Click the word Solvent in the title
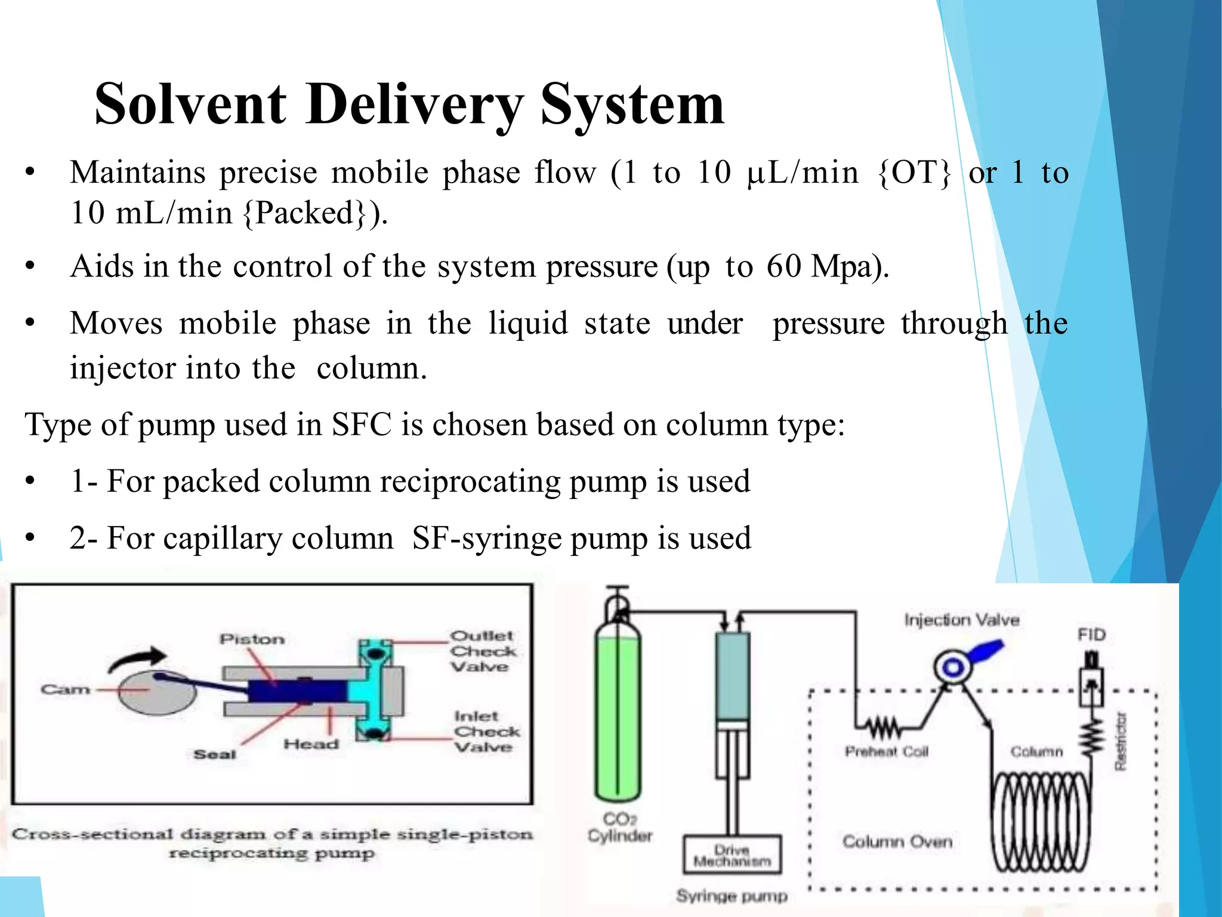(190, 104)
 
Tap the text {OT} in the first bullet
(914, 173)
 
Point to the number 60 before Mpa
(784, 266)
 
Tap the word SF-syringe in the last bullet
(486, 538)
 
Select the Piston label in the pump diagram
(252, 639)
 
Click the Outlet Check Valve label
(482, 651)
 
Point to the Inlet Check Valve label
(486, 731)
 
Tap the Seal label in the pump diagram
(215, 755)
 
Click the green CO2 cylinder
(618, 716)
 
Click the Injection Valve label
(961, 620)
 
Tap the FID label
(1091, 635)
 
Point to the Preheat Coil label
(887, 752)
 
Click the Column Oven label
(897, 842)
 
